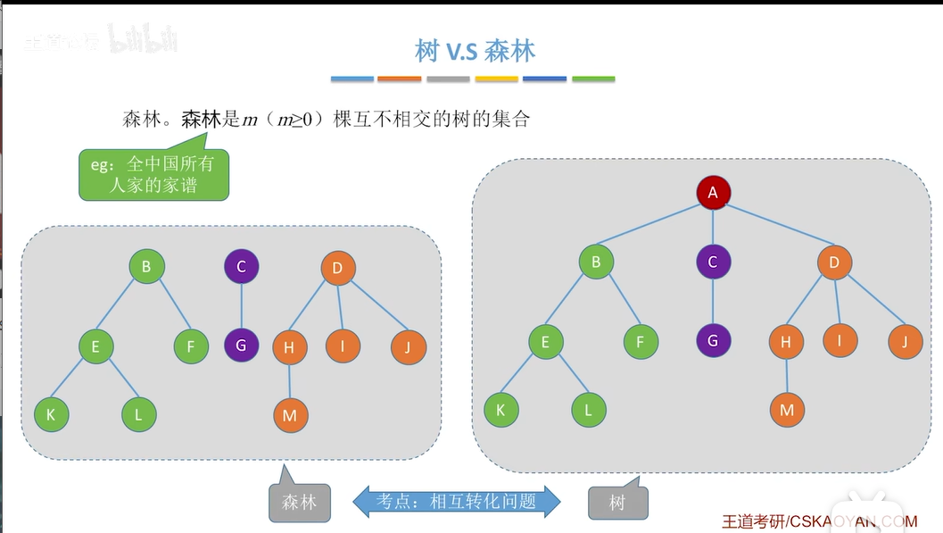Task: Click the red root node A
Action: click(713, 192)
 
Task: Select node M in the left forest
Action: click(290, 415)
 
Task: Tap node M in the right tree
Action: click(786, 410)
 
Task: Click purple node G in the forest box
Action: click(241, 344)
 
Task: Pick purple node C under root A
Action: click(713, 262)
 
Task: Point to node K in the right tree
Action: click(500, 410)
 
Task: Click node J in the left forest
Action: click(408, 347)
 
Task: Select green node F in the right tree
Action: click(640, 341)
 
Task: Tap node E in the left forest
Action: click(95, 347)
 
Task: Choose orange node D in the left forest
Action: click(337, 267)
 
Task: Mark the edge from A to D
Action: click(773, 227)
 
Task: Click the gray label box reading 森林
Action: click(299, 502)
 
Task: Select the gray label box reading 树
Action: click(617, 502)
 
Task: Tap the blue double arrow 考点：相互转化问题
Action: click(457, 501)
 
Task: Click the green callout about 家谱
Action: click(153, 174)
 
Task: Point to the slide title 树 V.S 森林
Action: click(475, 50)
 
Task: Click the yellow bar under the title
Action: click(496, 79)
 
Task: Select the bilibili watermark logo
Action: click(143, 39)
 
